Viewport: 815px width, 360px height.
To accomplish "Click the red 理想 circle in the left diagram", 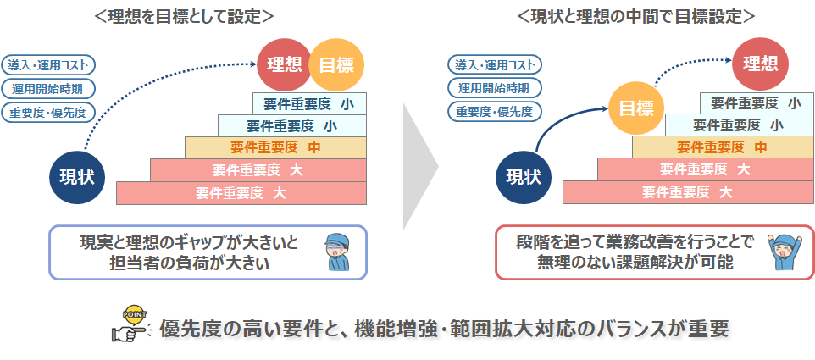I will click(x=285, y=65).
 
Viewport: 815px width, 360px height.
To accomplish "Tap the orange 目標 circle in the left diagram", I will click(x=336, y=65).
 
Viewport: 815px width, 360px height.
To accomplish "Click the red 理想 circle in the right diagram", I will click(x=760, y=64).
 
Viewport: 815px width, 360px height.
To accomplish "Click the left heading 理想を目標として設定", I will click(x=185, y=15).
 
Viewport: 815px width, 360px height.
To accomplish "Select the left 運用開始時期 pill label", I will click(x=47, y=88).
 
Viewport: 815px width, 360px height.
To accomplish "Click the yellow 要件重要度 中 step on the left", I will click(x=275, y=147).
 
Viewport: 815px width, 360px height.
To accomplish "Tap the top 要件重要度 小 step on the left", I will click(x=309, y=103).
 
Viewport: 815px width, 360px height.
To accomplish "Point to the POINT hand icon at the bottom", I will click(x=130, y=324).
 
